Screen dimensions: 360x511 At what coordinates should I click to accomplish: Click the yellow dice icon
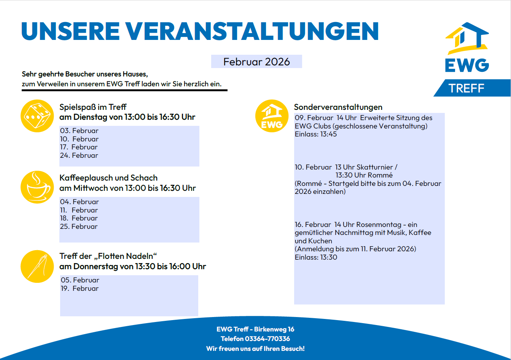[x=37, y=116]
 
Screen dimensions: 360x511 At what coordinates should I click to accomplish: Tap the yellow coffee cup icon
[x=37, y=187]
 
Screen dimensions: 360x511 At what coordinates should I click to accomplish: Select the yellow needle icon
[x=37, y=266]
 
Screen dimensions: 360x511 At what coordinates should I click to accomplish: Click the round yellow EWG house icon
[x=271, y=116]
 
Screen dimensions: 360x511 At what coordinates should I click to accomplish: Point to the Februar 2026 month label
[x=256, y=62]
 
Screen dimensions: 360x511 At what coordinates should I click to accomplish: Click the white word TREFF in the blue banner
[x=466, y=89]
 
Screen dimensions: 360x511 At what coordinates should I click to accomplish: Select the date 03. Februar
[x=79, y=131]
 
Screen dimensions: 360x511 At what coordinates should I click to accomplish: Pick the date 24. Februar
[x=79, y=155]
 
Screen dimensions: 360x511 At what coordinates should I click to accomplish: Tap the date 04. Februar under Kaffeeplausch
[x=79, y=202]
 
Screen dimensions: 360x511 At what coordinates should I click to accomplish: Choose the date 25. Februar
[x=79, y=227]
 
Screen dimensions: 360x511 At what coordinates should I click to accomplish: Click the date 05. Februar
[x=80, y=280]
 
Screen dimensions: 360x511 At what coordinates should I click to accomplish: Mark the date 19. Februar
[x=80, y=289]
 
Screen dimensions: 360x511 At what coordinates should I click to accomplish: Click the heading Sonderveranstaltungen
[x=338, y=107]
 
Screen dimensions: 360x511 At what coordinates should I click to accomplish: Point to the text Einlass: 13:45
[x=316, y=134]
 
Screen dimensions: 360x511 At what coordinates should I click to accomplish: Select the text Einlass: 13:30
[x=316, y=257]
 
